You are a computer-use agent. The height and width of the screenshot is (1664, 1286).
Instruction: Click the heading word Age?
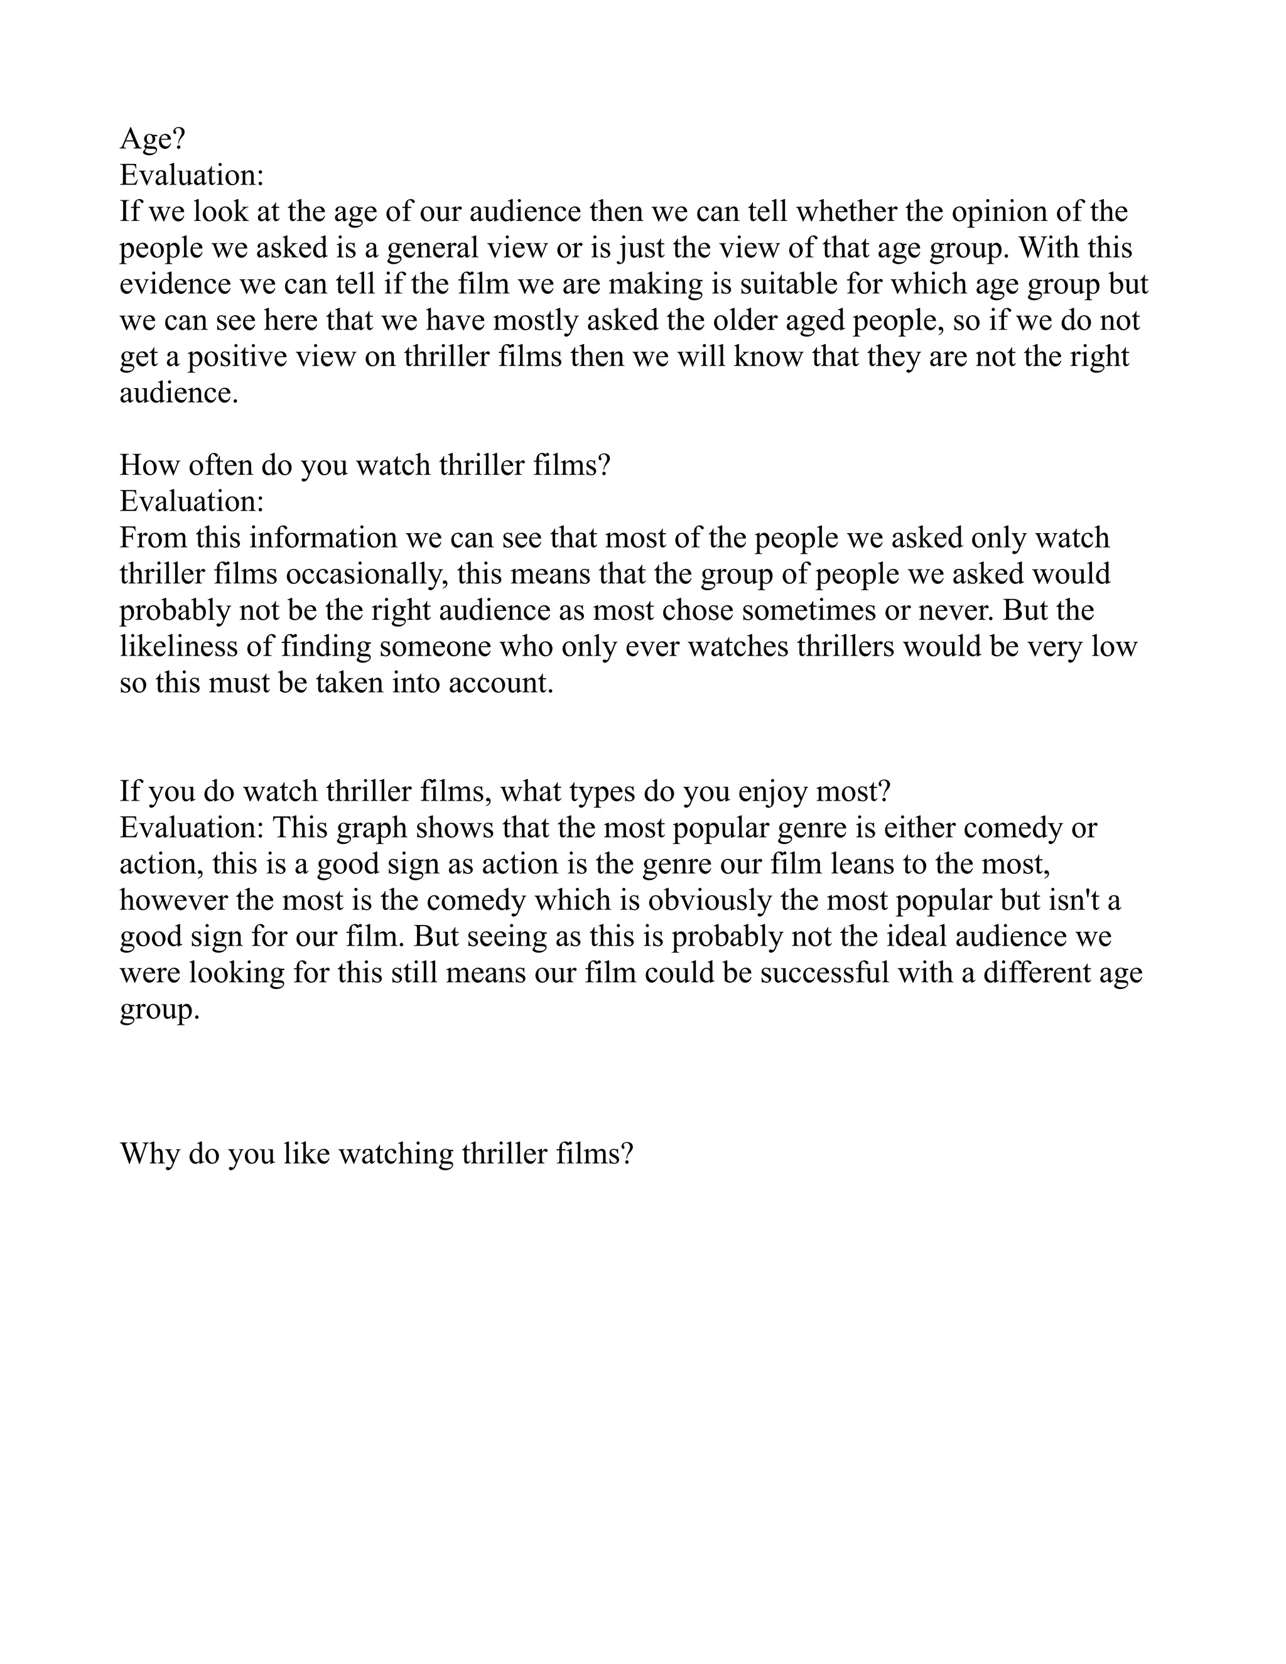[153, 139]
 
